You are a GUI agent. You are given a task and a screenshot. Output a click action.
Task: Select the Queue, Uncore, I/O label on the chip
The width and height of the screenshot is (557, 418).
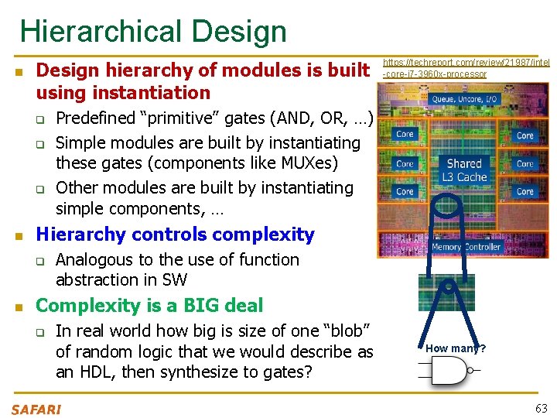464,100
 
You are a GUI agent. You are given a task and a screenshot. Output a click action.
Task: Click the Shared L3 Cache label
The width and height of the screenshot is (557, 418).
464,170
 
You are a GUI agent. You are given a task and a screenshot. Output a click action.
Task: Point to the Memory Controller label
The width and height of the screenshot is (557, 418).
466,248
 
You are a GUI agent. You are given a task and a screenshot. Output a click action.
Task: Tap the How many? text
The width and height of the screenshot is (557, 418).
455,348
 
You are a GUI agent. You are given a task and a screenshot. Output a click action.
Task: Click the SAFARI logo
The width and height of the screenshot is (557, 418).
36,409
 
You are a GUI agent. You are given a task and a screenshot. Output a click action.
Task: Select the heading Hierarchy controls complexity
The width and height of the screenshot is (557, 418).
176,235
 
